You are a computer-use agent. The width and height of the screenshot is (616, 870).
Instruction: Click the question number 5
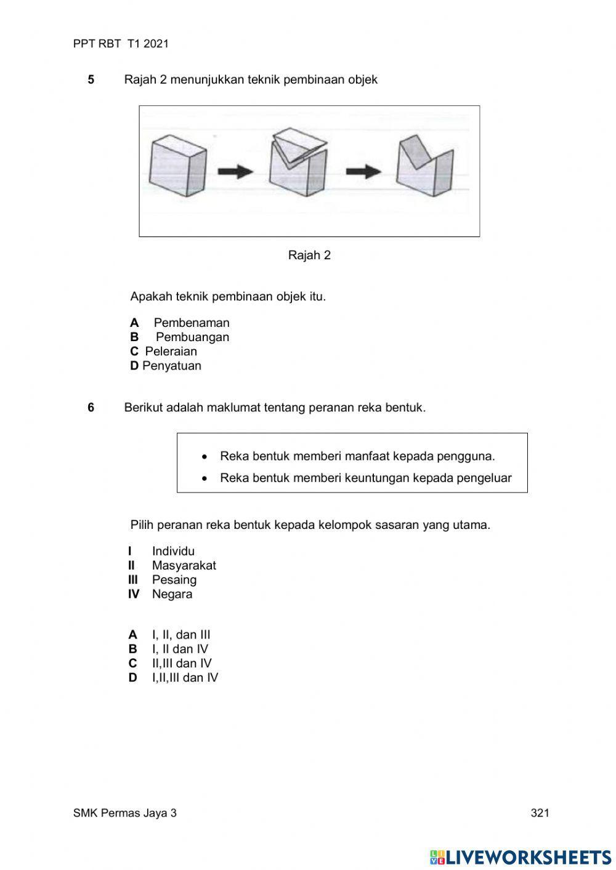point(91,79)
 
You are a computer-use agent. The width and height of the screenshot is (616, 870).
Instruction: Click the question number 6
point(91,408)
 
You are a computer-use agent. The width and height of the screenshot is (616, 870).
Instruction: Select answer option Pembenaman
point(191,323)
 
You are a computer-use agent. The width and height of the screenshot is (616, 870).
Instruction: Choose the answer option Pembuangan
point(192,337)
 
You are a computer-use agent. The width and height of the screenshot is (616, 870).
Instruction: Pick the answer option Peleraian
point(171,352)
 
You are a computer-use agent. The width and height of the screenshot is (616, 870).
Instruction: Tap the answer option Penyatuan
point(171,366)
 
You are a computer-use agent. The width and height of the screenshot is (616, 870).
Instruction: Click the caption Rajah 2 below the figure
point(309,255)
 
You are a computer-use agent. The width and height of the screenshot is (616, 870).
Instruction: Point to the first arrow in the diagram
point(235,171)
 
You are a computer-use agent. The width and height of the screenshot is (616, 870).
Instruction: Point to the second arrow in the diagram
point(363,171)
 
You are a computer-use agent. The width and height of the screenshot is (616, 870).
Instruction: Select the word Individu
point(173,551)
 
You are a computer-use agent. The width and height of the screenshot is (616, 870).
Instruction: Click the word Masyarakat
point(184,565)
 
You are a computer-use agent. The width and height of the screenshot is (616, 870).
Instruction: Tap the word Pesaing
point(174,579)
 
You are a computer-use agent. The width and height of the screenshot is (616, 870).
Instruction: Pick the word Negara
point(172,594)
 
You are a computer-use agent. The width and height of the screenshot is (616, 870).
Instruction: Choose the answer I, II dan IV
point(180,649)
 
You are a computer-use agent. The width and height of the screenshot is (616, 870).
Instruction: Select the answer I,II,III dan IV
point(185,678)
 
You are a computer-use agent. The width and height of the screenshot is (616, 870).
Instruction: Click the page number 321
point(540,813)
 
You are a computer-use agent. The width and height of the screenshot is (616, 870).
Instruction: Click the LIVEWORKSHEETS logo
point(520,856)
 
